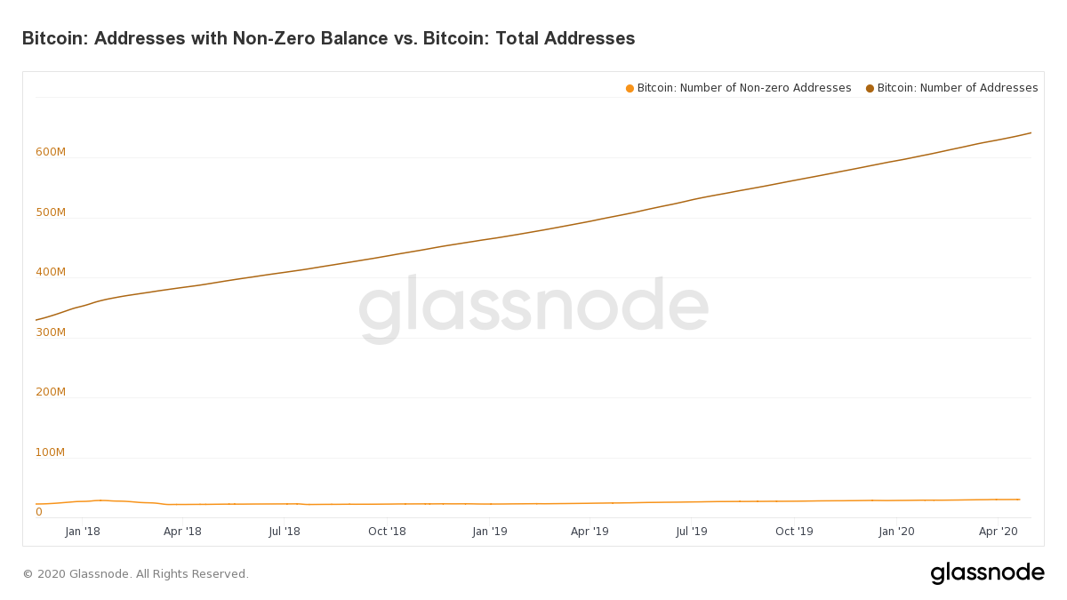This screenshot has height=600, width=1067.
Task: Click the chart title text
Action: click(328, 38)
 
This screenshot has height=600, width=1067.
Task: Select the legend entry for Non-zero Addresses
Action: click(739, 88)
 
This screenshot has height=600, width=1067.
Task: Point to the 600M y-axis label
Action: click(51, 152)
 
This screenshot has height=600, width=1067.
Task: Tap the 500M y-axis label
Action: click(51, 212)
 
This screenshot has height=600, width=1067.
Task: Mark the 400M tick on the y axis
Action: click(51, 272)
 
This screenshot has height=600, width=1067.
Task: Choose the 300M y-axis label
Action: click(51, 332)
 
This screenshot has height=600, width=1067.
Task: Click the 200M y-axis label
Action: click(51, 392)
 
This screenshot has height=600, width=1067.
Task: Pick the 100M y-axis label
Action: click(51, 452)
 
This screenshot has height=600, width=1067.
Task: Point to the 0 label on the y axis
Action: click(39, 512)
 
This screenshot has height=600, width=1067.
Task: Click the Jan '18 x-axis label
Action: click(83, 532)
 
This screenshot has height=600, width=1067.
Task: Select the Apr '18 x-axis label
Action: click(182, 532)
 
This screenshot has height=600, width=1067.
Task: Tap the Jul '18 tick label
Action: click(285, 532)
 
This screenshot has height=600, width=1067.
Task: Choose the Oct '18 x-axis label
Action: click(387, 532)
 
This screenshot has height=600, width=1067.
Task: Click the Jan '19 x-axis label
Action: click(490, 532)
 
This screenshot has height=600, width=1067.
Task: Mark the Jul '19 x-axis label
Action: click(692, 532)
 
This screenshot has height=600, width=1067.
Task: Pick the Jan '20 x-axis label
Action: click(896, 532)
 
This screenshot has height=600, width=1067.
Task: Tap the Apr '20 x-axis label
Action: click(998, 532)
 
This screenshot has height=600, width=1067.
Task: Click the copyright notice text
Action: click(136, 574)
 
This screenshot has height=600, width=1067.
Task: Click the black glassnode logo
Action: click(987, 573)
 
